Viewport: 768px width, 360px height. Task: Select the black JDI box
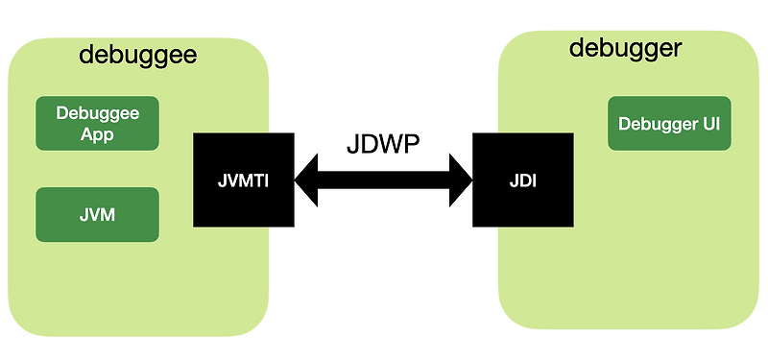click(522, 179)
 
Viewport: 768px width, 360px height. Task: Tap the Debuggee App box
click(97, 123)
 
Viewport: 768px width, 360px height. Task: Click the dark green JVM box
click(97, 214)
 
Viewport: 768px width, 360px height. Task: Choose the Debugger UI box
click(669, 123)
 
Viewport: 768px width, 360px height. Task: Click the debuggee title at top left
click(137, 54)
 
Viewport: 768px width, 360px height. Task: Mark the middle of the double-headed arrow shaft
click(384, 179)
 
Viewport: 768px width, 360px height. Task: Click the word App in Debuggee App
click(97, 134)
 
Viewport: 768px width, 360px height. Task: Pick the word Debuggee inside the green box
click(97, 112)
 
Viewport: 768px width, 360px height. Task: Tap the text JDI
click(522, 179)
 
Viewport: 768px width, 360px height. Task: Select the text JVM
click(97, 214)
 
